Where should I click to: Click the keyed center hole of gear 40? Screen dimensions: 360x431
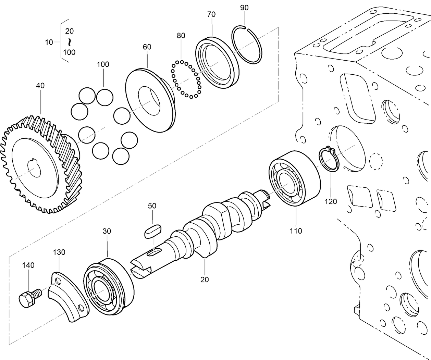[x=35, y=167]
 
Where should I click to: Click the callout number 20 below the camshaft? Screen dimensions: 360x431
[x=205, y=280]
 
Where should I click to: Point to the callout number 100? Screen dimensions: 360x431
[x=103, y=64]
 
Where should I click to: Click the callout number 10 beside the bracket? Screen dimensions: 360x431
[x=49, y=42]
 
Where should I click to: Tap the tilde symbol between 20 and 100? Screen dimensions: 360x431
[x=70, y=42]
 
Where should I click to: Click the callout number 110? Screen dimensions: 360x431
[x=296, y=231]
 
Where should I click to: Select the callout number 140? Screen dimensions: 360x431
[x=28, y=265]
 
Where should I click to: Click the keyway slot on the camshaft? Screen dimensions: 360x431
[x=154, y=253]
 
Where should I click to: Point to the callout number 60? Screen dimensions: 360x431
[x=147, y=47]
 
